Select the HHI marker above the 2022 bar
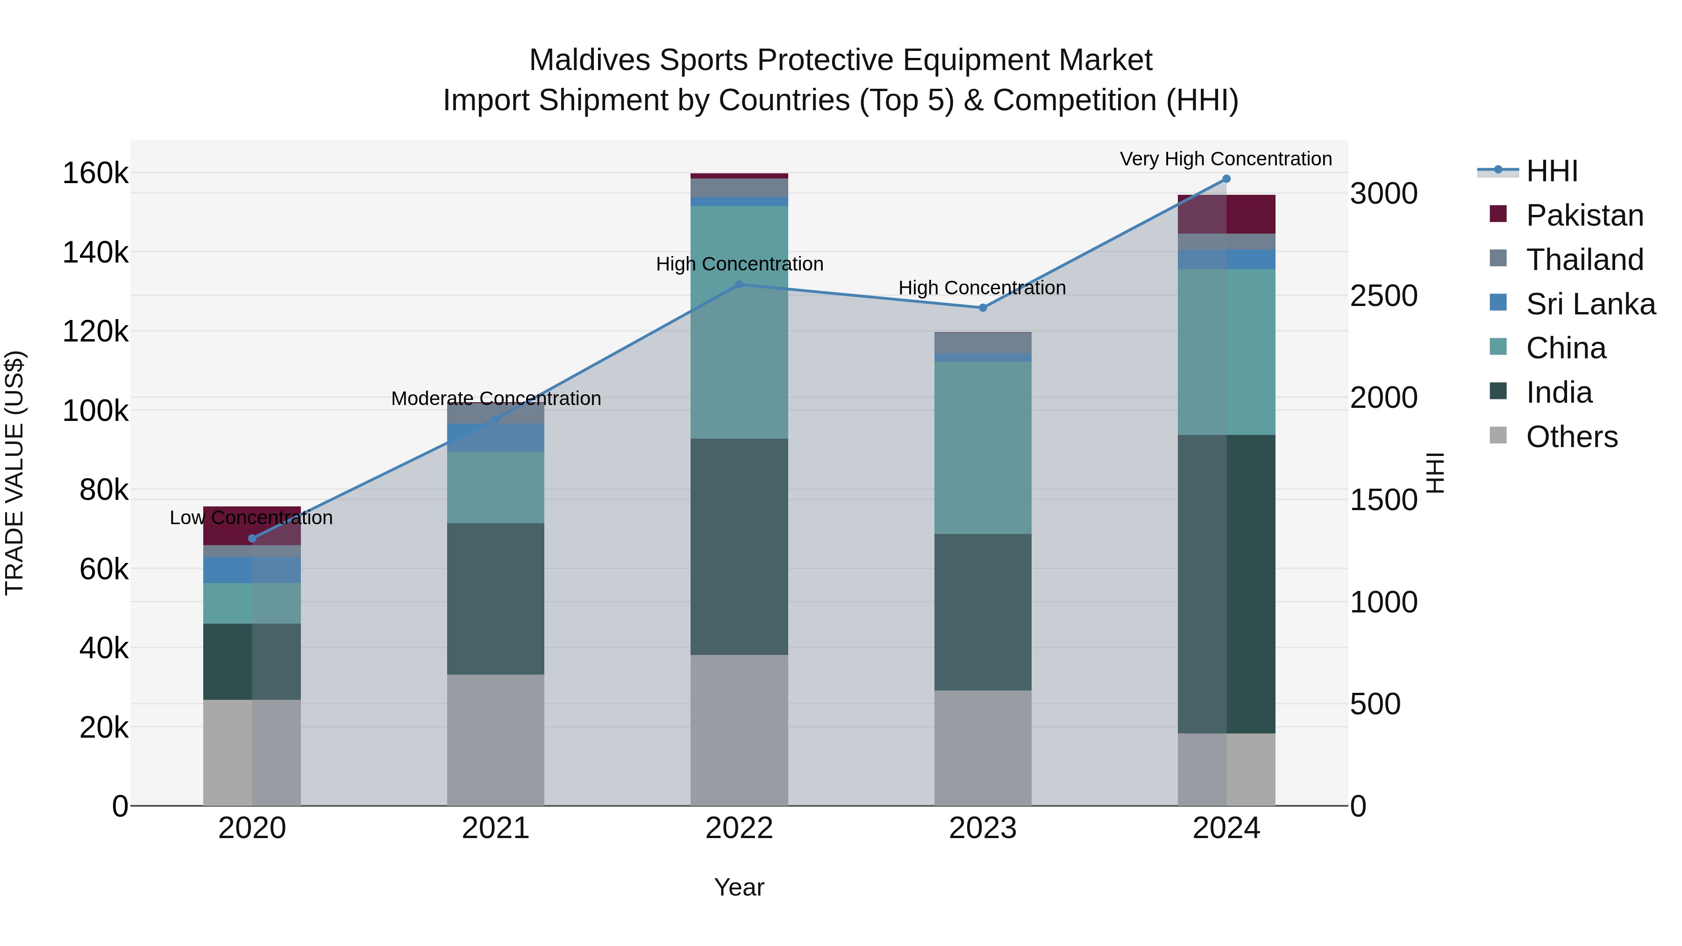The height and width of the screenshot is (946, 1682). pyautogui.click(x=739, y=285)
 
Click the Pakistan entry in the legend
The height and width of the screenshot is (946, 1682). pyautogui.click(x=1585, y=215)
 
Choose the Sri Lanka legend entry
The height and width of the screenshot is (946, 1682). pyautogui.click(x=1590, y=304)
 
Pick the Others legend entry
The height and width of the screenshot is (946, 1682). pyautogui.click(x=1572, y=437)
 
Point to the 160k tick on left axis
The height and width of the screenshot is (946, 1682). pyautogui.click(x=95, y=174)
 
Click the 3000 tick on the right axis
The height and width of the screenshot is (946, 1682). pyautogui.click(x=1383, y=194)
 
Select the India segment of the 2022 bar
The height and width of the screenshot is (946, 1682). pyautogui.click(x=739, y=547)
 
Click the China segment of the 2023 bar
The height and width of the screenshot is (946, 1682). pyautogui.click(x=983, y=448)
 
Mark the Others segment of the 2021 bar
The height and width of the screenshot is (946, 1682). pyautogui.click(x=496, y=740)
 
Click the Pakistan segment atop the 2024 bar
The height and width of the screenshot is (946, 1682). pyautogui.click(x=1226, y=214)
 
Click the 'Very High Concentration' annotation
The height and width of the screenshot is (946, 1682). pyautogui.click(x=1226, y=159)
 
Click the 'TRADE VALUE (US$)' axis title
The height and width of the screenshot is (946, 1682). pyautogui.click(x=14, y=473)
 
